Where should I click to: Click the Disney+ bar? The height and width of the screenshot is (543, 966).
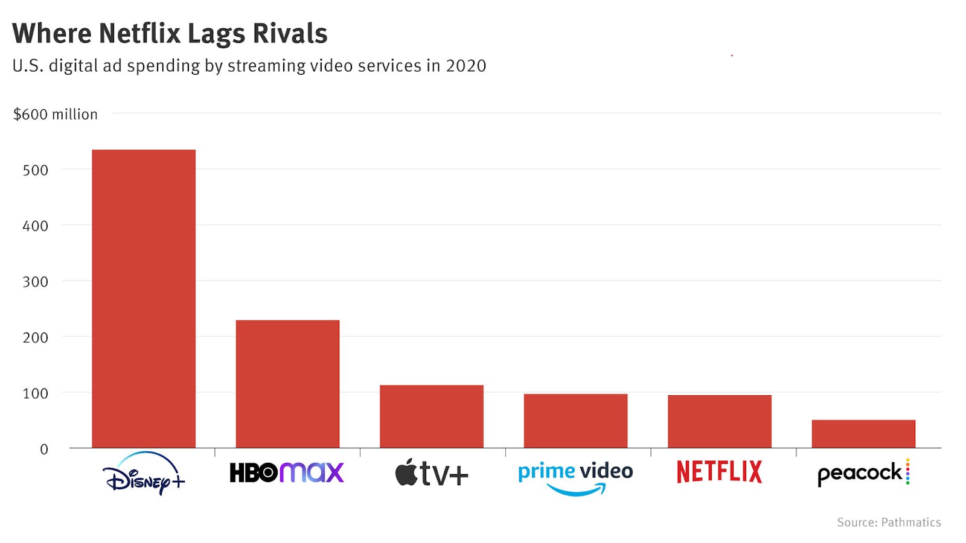pos(144,299)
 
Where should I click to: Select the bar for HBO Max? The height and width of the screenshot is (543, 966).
pos(287,384)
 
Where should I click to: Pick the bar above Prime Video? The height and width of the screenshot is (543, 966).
pos(575,421)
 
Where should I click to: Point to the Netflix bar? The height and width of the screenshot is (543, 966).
pos(719,421)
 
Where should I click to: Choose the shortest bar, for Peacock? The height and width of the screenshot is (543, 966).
pos(863,434)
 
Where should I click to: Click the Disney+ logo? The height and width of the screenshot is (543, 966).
pos(144,474)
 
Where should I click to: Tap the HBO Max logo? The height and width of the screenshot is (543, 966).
pos(287,472)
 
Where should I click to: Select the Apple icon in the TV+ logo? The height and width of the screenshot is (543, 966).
pos(406,472)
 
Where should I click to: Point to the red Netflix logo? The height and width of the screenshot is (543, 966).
pos(719,472)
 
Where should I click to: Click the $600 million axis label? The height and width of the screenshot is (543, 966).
pos(55,115)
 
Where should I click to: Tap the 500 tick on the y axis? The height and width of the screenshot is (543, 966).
pos(35,170)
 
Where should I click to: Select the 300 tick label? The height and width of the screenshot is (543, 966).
pos(35,282)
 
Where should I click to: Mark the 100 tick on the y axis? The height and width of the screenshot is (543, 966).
pos(35,393)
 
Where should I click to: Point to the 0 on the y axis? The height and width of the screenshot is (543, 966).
pos(43,449)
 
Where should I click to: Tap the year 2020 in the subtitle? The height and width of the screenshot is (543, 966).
pos(465,66)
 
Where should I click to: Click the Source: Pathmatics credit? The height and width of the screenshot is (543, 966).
pos(888,522)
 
